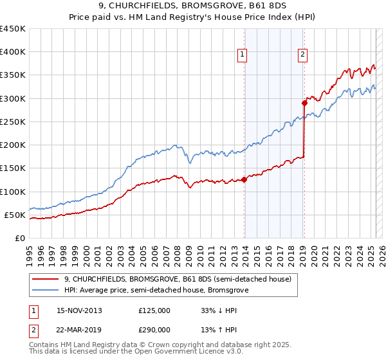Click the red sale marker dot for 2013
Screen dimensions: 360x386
pyautogui.click(x=244, y=179)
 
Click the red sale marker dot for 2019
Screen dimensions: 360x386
pyautogui.click(x=305, y=103)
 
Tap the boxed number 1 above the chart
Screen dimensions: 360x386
pyautogui.click(x=242, y=55)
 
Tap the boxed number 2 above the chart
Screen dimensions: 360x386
pyautogui.click(x=302, y=55)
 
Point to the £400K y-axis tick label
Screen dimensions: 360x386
pyautogui.click(x=12, y=52)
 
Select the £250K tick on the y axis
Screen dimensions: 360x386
pyautogui.click(x=12, y=122)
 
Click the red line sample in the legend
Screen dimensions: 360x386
pyautogui.click(x=46, y=280)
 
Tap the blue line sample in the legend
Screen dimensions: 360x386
pyautogui.click(x=46, y=291)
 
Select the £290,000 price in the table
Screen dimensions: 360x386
pyautogui.click(x=154, y=328)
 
